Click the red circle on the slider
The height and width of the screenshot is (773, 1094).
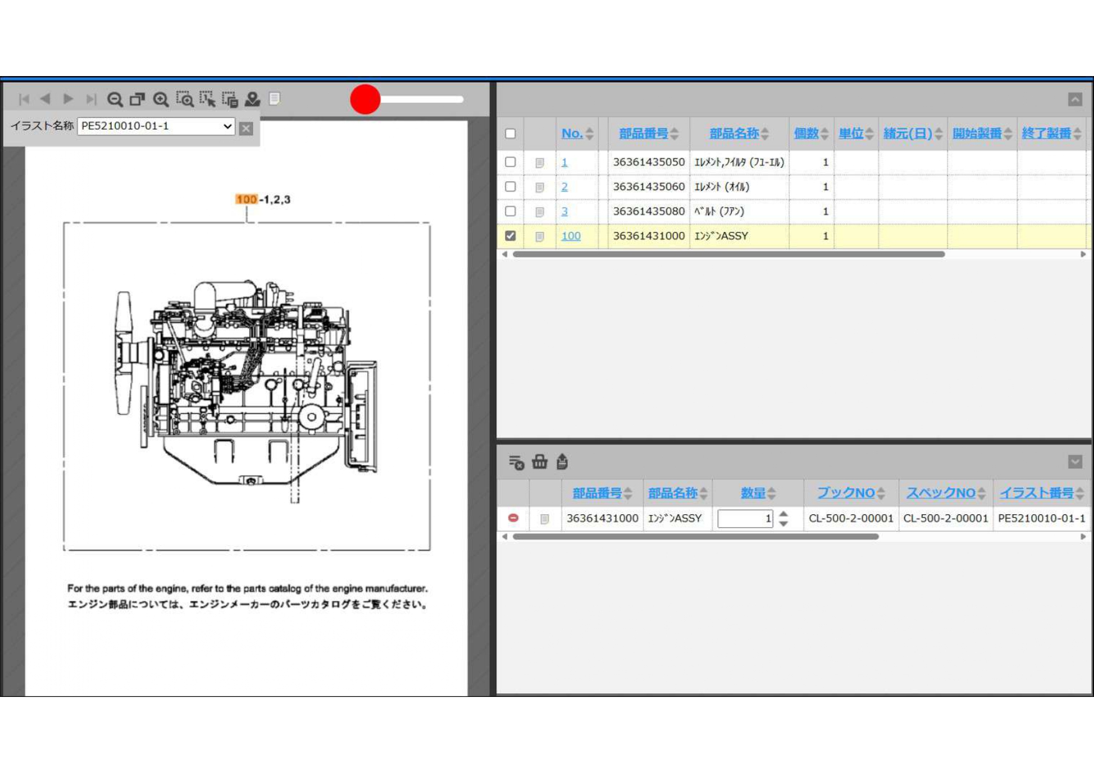tap(365, 99)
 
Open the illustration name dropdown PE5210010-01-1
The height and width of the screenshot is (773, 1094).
tap(156, 126)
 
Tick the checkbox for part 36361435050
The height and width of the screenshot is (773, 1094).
tap(511, 162)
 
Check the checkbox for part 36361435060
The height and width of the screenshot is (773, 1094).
tap(511, 186)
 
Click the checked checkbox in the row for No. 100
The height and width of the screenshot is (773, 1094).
tap(511, 236)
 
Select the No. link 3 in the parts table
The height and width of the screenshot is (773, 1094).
tap(564, 211)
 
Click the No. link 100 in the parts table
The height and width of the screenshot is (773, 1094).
tap(571, 236)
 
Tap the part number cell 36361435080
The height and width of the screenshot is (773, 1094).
tap(649, 211)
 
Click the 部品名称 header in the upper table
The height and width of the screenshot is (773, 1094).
tap(734, 133)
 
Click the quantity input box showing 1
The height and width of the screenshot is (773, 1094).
tap(745, 518)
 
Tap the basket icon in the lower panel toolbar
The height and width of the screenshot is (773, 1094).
tap(540, 462)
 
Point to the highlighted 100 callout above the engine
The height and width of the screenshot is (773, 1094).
tap(246, 199)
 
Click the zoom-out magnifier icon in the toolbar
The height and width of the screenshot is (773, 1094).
tap(115, 99)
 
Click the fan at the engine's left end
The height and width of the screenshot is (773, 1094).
tap(123, 353)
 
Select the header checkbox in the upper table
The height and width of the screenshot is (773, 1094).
tap(511, 133)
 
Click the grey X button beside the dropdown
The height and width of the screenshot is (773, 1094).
tap(246, 128)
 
